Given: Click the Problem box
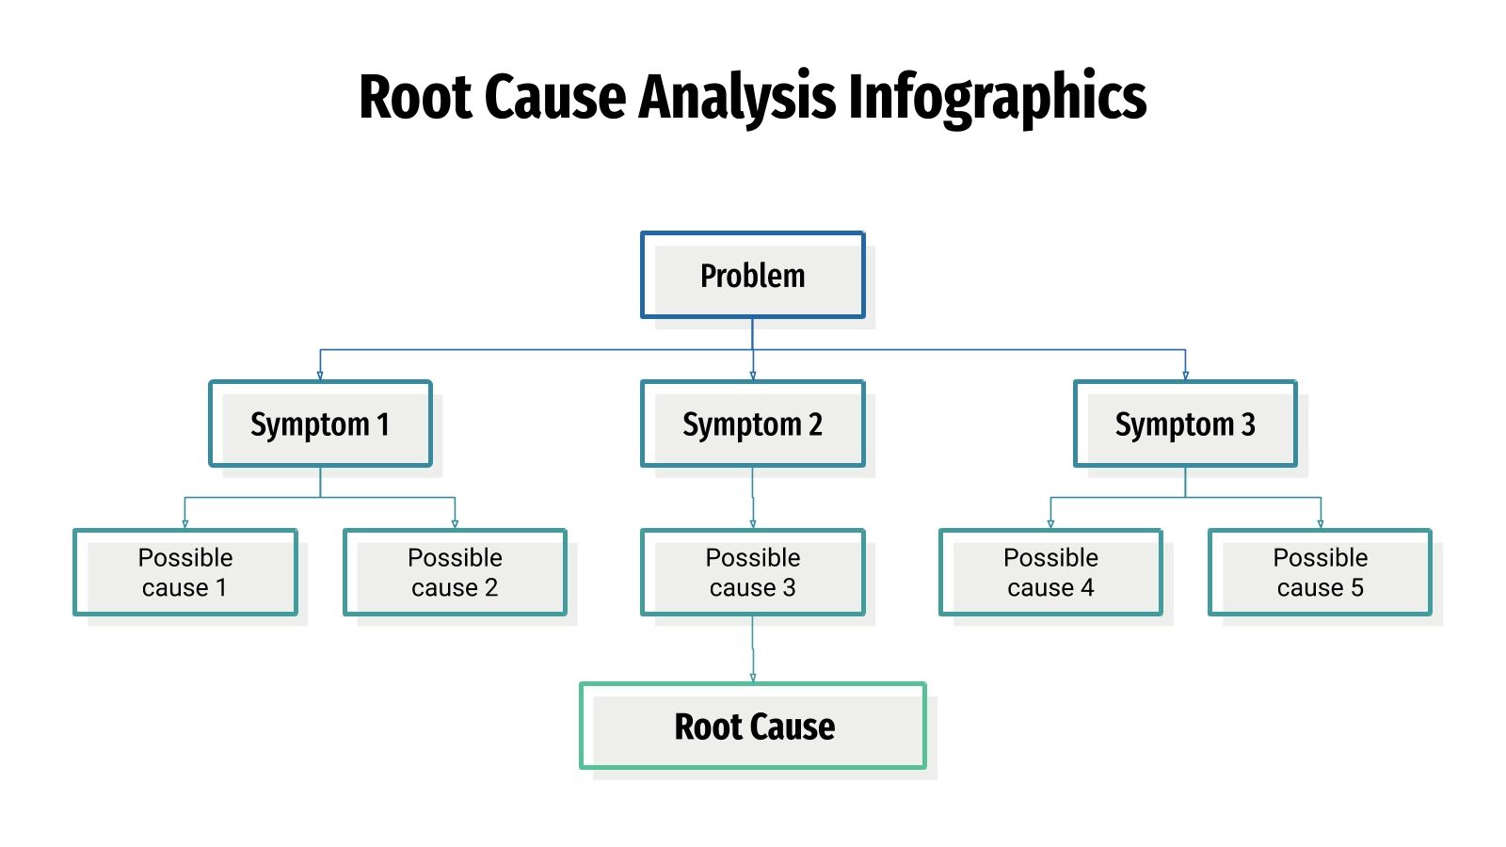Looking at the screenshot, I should (x=753, y=276).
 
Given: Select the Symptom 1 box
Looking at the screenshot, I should (x=320, y=424).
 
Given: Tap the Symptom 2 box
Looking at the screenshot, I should (x=753, y=424).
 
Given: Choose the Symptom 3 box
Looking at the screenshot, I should (x=1185, y=424).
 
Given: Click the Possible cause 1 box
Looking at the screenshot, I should (x=185, y=572).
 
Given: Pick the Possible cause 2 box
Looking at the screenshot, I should (x=455, y=572).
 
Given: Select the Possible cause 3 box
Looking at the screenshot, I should (x=753, y=572).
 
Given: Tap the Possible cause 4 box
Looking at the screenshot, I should (x=1050, y=572).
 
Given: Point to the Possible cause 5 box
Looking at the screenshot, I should (x=1320, y=572).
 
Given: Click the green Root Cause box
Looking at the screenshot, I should (x=753, y=727).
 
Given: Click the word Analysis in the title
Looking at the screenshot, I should (x=737, y=98).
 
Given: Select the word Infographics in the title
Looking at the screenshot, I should (x=998, y=98).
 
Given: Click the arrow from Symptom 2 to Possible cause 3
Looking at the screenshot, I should (x=753, y=499).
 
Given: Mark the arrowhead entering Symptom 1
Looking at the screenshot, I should (x=320, y=376).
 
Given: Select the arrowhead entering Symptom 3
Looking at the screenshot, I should (x=1185, y=376).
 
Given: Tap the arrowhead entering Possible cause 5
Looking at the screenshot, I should (x=1321, y=524).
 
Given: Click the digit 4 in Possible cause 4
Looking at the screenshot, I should (x=1087, y=588).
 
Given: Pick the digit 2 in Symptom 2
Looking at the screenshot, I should (x=815, y=424).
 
